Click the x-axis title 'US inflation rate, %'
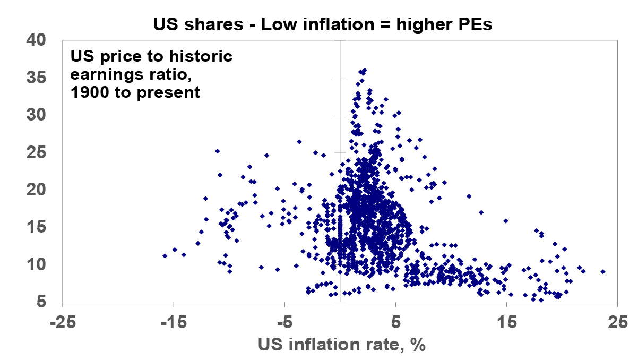coord(342,345)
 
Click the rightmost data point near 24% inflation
coord(602,271)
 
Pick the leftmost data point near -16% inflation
coord(165,256)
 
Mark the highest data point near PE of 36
coord(364,70)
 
